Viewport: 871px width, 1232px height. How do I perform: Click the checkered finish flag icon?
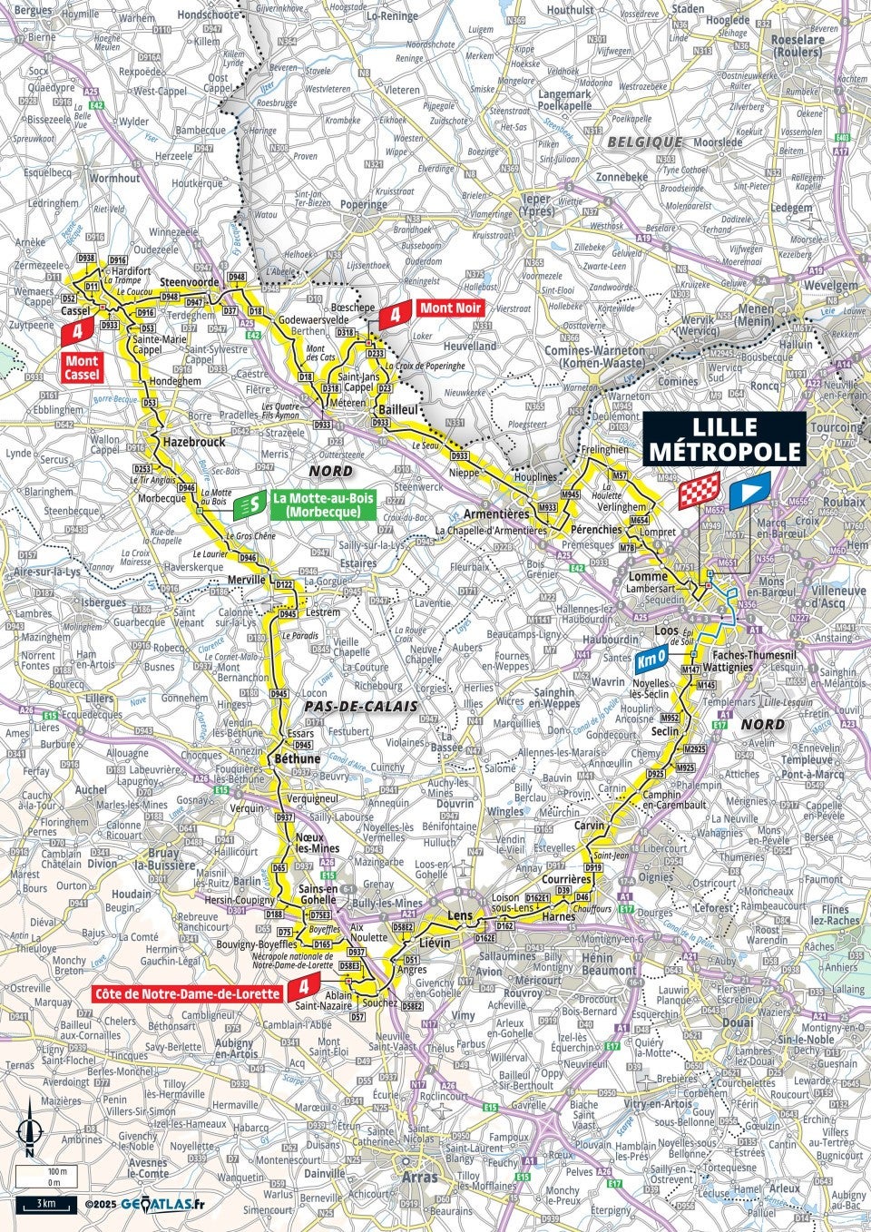click(x=700, y=491)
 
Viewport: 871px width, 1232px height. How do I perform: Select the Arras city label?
click(x=417, y=1177)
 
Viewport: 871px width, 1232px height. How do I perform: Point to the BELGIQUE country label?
click(x=644, y=142)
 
